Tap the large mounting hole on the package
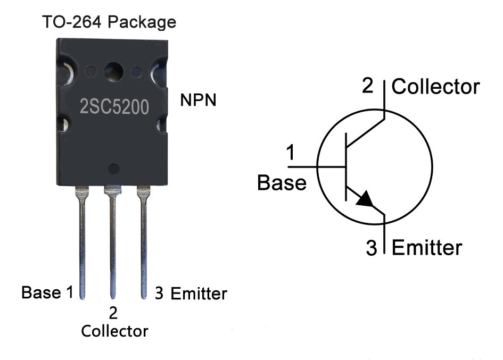[113, 71]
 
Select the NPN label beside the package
[199, 100]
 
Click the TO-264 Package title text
[109, 22]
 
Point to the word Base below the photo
[40, 292]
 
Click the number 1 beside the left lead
[69, 292]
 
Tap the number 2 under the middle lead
[113, 313]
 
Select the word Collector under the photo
[114, 331]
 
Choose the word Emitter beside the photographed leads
[199, 293]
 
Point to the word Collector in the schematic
[436, 87]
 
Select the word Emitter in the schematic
[427, 248]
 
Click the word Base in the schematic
[282, 182]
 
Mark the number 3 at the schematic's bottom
[372, 248]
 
